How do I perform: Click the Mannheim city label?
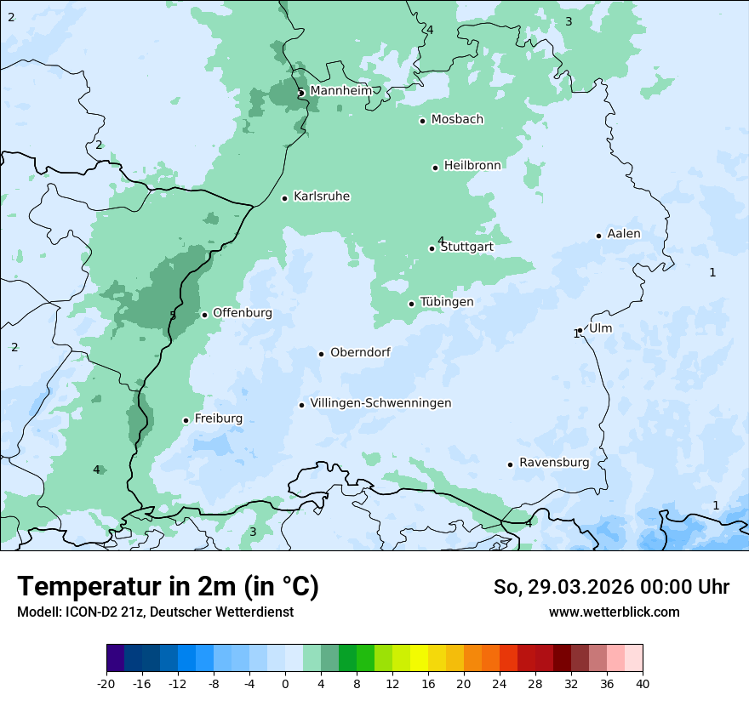(340, 91)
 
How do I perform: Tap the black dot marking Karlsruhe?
(285, 198)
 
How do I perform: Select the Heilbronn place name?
(472, 166)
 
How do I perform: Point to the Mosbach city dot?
(422, 121)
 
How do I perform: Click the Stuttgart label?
(466, 248)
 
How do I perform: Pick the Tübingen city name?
(446, 303)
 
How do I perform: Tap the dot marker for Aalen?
(599, 236)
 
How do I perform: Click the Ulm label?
(600, 328)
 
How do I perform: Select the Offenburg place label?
(242, 313)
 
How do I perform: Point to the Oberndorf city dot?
(322, 354)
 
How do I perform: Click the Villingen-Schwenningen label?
(380, 403)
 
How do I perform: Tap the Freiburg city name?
(218, 418)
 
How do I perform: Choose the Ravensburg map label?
(554, 463)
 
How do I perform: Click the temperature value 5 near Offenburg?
(173, 316)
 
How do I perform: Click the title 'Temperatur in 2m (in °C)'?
(169, 586)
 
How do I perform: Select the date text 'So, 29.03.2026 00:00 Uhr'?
(611, 587)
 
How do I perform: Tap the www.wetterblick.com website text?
(614, 612)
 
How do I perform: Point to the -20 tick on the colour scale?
(106, 683)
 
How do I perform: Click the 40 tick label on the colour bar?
(642, 683)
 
